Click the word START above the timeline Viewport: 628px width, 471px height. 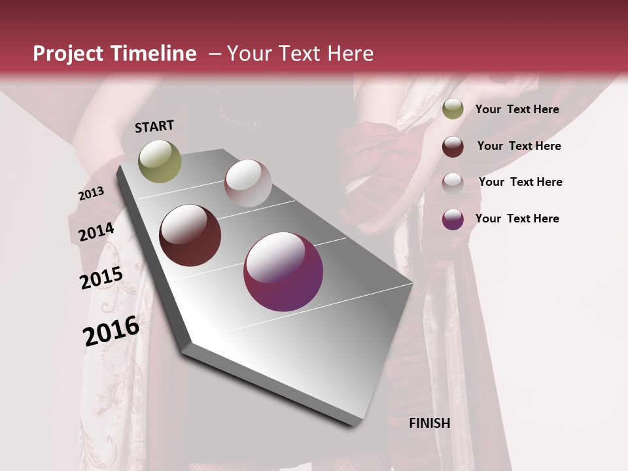(x=154, y=126)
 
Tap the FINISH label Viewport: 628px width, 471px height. (x=430, y=423)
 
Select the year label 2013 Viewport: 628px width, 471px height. (x=91, y=194)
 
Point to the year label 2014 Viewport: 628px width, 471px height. (x=96, y=232)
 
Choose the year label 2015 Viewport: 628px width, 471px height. (x=101, y=278)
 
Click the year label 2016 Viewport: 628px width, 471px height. (x=111, y=330)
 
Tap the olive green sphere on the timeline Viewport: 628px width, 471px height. (x=160, y=161)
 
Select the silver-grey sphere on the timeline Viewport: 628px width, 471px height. (x=248, y=183)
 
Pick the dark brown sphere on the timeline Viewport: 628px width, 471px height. (x=190, y=235)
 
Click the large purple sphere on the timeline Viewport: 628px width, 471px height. (x=283, y=271)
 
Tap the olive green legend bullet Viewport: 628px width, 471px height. (x=453, y=109)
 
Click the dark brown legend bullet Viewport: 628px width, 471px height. (x=453, y=147)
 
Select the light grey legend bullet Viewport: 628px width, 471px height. (x=453, y=183)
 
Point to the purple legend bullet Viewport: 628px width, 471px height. (x=453, y=219)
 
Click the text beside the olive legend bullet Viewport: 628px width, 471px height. (x=517, y=109)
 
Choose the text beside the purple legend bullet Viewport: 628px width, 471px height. (x=517, y=218)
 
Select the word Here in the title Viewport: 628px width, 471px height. (x=350, y=54)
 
